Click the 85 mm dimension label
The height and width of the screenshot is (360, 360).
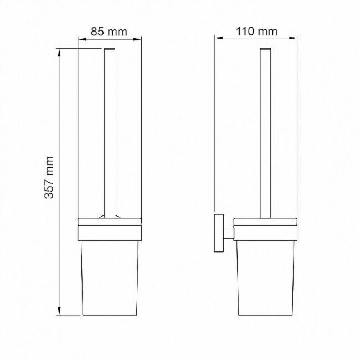pos(109,32)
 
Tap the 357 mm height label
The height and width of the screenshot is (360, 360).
pos(49,177)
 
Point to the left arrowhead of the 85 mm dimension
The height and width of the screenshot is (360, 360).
pos(82,39)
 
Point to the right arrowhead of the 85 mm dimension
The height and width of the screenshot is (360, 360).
pos(137,39)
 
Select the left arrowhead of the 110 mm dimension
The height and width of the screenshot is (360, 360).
pos(219,38)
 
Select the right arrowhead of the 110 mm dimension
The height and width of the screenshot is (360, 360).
pos(293,38)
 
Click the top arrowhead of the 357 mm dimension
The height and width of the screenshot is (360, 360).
pos(59,53)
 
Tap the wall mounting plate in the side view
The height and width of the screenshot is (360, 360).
pos(219,233)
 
